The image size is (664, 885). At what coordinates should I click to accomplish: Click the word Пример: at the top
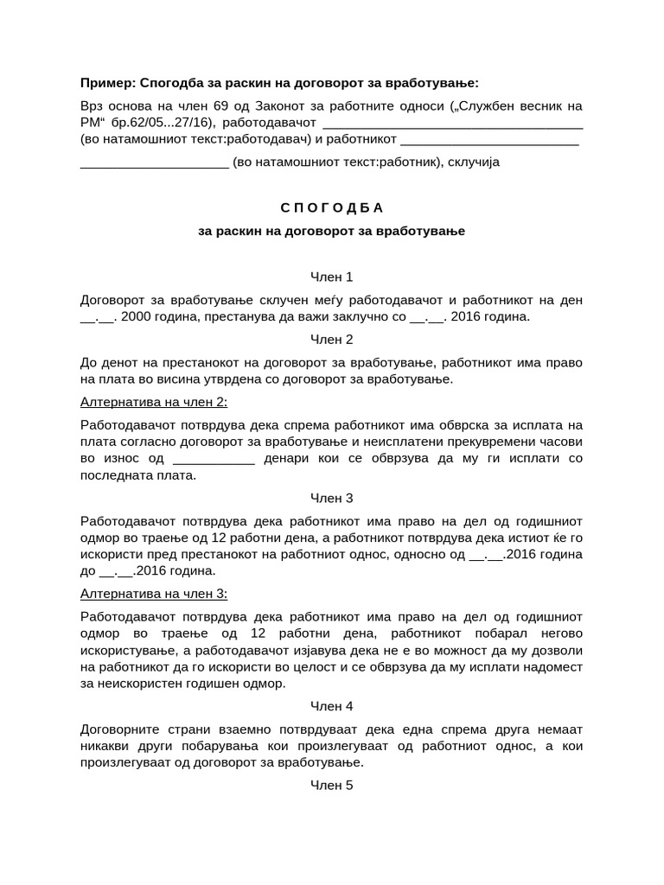point(108,83)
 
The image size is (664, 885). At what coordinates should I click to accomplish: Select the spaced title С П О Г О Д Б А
point(331,208)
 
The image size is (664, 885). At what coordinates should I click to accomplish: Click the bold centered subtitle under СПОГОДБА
point(331,232)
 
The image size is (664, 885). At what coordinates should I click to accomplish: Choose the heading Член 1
point(331,277)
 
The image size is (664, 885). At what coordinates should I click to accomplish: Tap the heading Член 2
point(331,339)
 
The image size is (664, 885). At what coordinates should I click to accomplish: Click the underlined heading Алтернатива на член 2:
point(154,402)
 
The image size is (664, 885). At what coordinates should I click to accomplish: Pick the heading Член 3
point(331,498)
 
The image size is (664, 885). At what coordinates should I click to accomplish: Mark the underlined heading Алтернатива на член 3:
point(154,594)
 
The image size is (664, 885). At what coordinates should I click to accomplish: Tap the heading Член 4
point(331,705)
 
